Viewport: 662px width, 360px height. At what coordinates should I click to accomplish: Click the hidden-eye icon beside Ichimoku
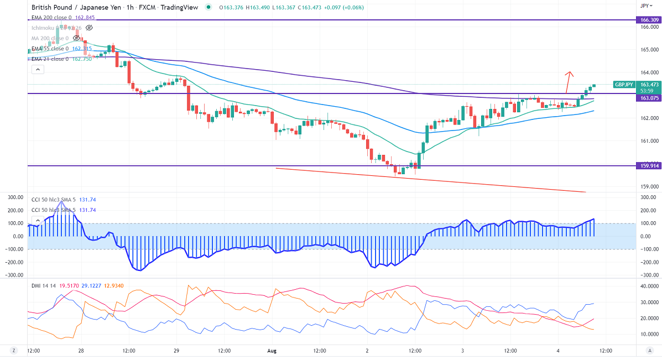click(89, 27)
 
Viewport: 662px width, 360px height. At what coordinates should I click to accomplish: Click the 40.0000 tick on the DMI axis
click(648, 286)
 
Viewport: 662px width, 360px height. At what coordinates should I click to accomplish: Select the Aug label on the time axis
click(272, 350)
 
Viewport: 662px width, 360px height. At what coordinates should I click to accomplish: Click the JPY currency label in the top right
click(644, 6)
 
